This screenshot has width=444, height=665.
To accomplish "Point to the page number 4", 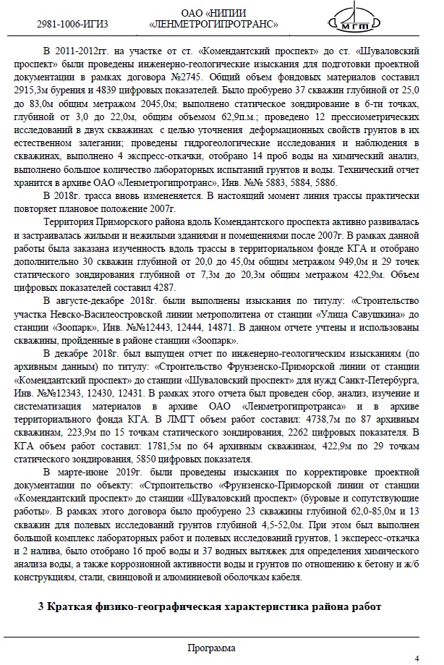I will [417, 658].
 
